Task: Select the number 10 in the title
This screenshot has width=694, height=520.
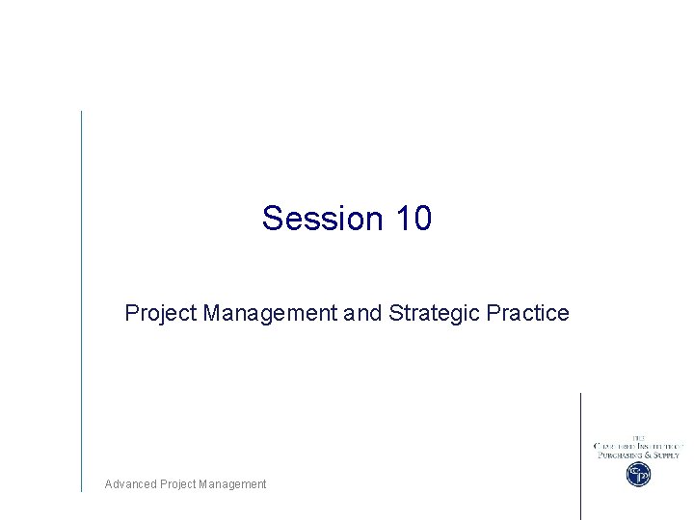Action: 414,219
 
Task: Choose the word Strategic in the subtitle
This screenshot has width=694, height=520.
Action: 435,313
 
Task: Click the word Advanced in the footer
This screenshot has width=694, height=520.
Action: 129,484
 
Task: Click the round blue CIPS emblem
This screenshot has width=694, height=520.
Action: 638,474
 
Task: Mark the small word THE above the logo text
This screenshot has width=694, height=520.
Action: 638,437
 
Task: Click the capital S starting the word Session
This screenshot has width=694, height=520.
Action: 272,219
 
